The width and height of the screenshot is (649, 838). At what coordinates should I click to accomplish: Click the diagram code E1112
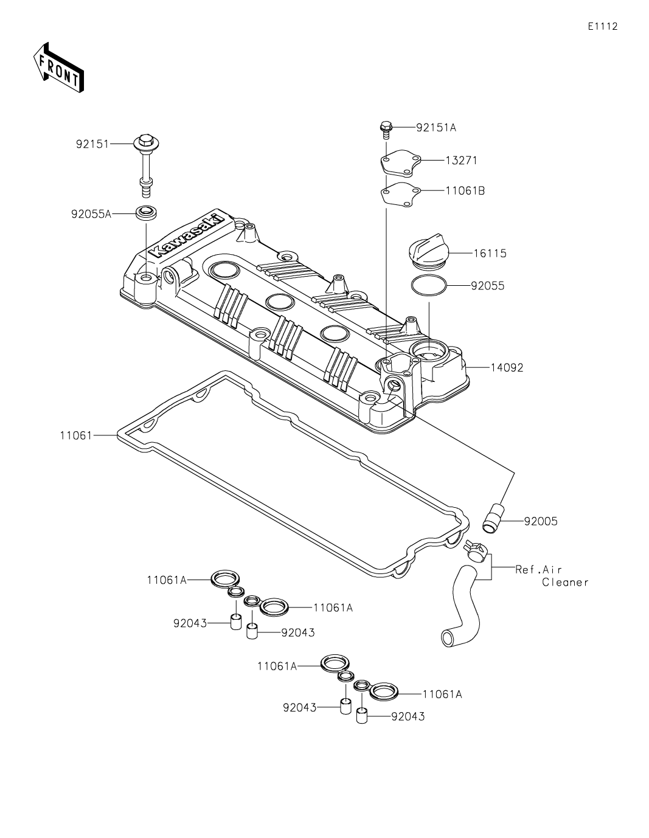click(x=603, y=26)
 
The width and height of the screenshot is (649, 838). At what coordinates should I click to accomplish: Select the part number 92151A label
click(x=436, y=128)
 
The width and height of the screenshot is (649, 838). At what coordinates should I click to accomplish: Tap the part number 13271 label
click(x=460, y=161)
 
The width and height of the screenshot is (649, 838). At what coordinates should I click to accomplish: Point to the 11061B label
click(x=465, y=190)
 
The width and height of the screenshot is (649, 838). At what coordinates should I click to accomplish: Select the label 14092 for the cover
click(x=506, y=368)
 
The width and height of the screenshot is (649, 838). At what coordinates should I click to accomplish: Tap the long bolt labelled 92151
click(x=147, y=164)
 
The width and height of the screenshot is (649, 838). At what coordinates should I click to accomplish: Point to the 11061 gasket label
click(x=75, y=435)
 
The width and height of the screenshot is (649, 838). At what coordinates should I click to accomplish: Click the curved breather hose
click(x=463, y=602)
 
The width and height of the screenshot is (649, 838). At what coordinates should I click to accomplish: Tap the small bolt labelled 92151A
click(x=385, y=128)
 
